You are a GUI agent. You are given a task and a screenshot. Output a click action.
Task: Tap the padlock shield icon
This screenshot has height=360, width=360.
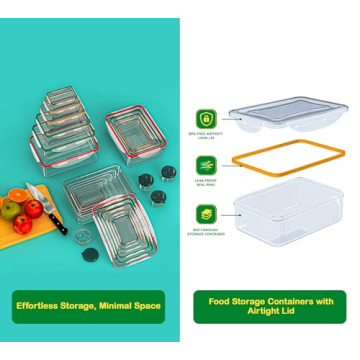[x=205, y=118]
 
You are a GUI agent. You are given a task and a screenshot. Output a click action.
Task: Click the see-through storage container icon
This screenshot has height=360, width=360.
[x=205, y=213]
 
